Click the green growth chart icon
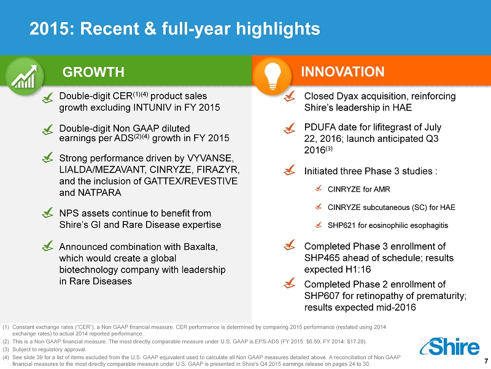24,76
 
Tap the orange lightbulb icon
272,76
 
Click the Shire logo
449,346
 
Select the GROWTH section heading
93,72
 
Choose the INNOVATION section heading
342,72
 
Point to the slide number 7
486,361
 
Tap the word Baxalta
201,247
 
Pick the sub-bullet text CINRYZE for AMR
359,189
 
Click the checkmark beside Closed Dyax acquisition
289,96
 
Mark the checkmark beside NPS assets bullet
48,213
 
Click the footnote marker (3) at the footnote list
6,349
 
